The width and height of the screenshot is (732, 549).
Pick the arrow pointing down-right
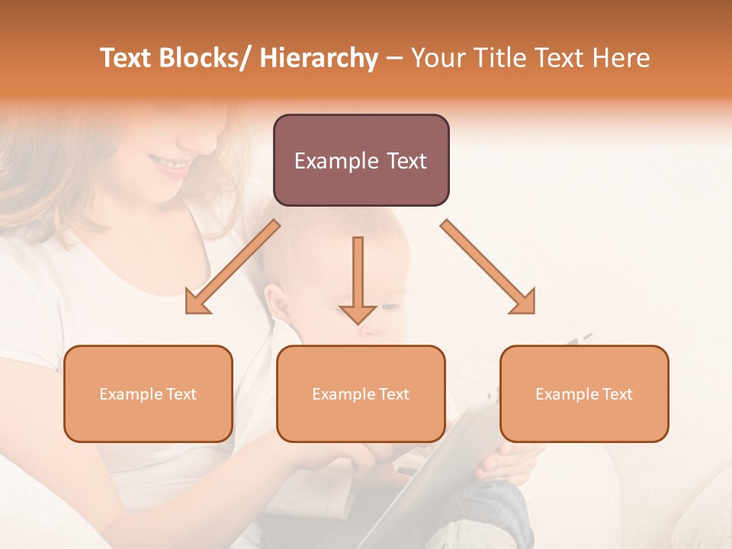488,267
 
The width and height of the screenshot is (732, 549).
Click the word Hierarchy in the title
318,58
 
